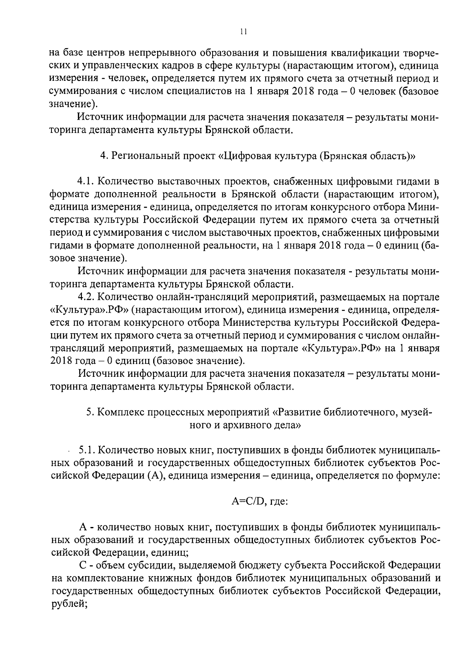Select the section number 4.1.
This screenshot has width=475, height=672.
pyautogui.click(x=85, y=182)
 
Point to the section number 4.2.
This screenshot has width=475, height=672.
pyautogui.click(x=86, y=297)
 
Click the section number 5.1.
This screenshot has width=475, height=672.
pyautogui.click(x=87, y=450)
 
